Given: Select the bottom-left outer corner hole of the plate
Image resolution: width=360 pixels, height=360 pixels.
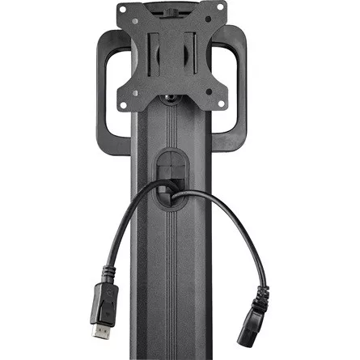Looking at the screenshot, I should [x=124, y=106].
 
